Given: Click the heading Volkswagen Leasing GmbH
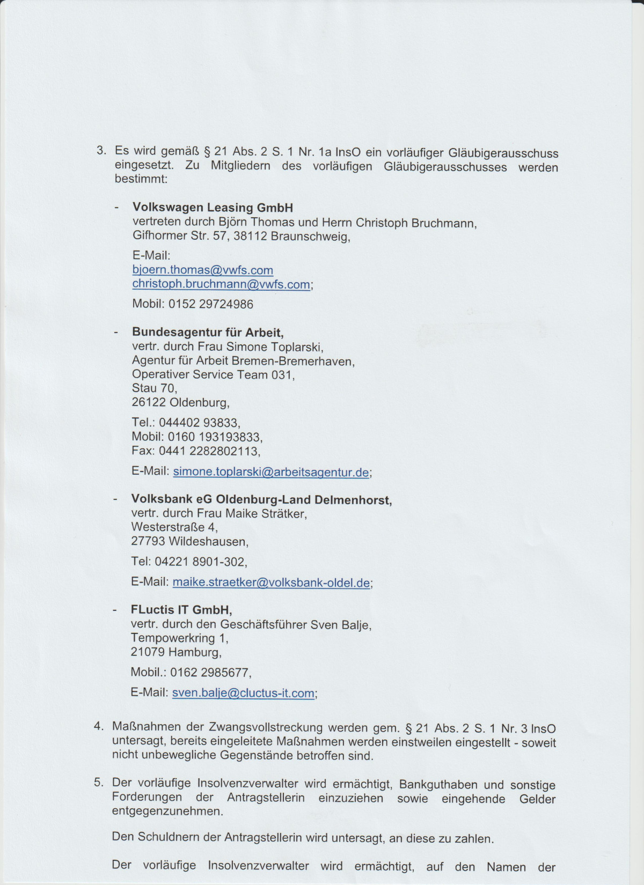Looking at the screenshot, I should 213,208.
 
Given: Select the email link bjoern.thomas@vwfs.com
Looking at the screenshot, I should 203,270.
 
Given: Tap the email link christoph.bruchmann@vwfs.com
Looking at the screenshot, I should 221,284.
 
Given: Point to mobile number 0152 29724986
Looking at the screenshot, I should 210,304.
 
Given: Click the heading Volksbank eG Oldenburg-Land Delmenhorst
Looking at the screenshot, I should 261,500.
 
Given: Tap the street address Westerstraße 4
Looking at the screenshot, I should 174,527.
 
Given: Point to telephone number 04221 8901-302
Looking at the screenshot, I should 200,562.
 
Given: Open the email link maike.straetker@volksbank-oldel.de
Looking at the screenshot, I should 271,582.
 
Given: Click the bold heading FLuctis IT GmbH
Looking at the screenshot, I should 181,610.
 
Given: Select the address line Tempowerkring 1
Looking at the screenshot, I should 179,638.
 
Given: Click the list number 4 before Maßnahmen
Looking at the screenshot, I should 98,727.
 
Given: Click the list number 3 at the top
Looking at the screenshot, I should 100,151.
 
